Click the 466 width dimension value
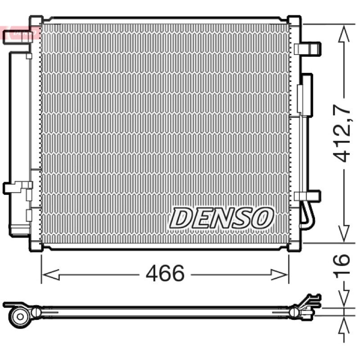point(165,273)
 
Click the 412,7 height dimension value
point(342,133)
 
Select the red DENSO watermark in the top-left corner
point(19,32)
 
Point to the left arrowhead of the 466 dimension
point(51,274)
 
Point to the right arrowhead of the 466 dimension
point(279,274)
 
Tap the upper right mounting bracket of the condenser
point(307,49)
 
